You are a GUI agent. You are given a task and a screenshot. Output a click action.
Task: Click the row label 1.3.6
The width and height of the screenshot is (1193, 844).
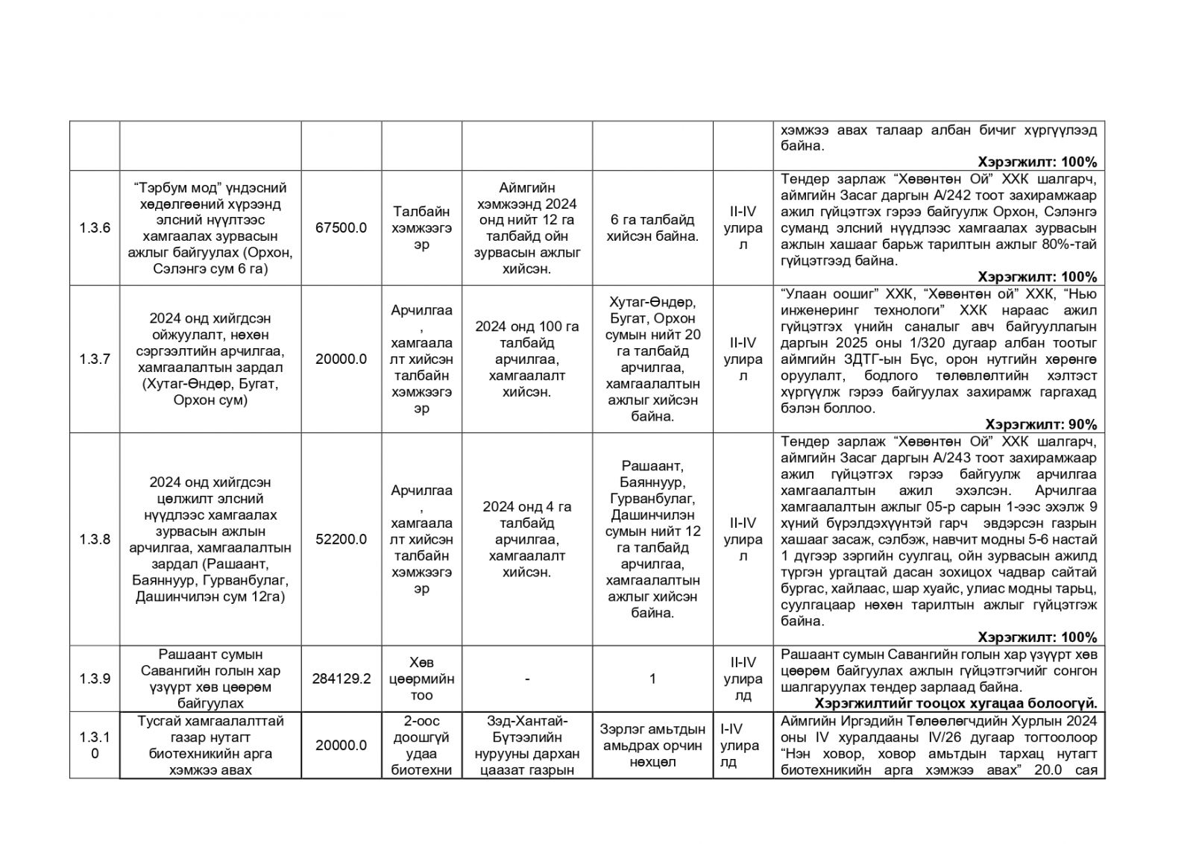click(x=95, y=228)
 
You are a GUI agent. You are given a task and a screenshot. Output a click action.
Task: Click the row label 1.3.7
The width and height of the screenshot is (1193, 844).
click(x=95, y=359)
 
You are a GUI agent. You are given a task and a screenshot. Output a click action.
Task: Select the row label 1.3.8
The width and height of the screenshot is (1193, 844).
click(x=95, y=540)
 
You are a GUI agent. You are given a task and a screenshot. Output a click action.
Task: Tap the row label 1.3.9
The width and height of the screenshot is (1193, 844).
click(x=95, y=678)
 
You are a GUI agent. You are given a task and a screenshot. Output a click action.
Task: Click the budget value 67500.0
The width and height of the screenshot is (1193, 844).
click(x=341, y=228)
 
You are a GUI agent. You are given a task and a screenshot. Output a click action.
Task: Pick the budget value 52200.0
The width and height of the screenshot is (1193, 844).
click(x=341, y=540)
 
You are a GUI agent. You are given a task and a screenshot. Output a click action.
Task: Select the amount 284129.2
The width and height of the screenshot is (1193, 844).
click(x=341, y=678)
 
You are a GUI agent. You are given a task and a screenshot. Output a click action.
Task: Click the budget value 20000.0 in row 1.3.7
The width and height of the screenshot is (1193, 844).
click(x=341, y=359)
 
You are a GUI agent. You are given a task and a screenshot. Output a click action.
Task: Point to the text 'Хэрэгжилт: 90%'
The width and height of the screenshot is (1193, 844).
click(x=1041, y=425)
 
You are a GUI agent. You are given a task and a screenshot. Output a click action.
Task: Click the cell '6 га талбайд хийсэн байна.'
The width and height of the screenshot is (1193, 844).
click(x=652, y=228)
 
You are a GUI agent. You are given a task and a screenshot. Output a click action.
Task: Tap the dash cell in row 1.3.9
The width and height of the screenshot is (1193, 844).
click(x=527, y=678)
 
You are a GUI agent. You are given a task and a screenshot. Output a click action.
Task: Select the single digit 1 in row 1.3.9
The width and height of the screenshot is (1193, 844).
click(x=652, y=678)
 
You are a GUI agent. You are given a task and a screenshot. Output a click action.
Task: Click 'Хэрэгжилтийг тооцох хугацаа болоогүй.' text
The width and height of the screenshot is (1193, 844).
click(x=956, y=703)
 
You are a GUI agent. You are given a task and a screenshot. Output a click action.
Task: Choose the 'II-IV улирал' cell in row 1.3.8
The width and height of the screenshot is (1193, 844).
click(x=743, y=540)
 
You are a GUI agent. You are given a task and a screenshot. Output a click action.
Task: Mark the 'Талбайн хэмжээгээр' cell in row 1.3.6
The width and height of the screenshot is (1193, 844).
click(x=421, y=228)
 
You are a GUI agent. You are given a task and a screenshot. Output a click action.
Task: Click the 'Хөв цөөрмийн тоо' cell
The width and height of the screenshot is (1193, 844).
click(x=421, y=678)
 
